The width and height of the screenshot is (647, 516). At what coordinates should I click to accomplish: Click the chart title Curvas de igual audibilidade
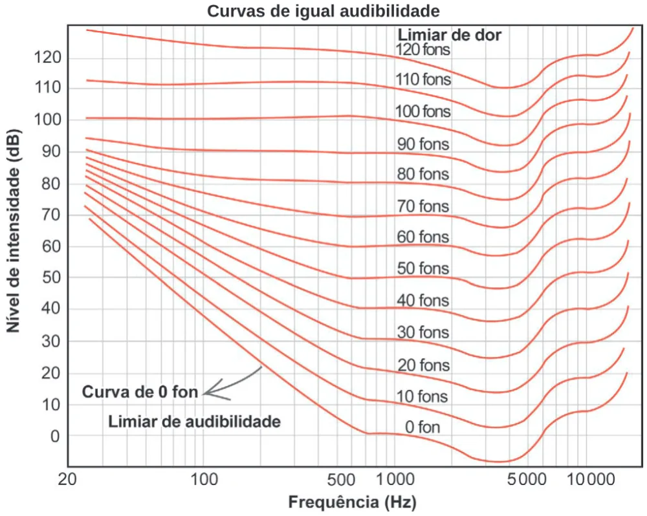[323, 11]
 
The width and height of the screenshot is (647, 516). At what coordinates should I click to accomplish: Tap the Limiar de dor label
[450, 35]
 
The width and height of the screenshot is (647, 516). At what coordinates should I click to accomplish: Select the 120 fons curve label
[423, 50]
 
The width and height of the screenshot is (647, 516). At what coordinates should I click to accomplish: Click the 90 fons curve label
[423, 144]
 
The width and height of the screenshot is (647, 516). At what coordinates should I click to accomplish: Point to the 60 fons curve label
[423, 237]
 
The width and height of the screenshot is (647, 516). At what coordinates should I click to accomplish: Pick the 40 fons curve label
[423, 300]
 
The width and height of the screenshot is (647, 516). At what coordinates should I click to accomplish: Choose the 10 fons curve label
[422, 396]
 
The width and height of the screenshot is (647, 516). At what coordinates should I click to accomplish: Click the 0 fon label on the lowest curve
[422, 427]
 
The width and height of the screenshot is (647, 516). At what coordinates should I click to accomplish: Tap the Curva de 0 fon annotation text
[140, 391]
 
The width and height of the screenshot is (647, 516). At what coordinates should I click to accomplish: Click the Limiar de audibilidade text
[194, 422]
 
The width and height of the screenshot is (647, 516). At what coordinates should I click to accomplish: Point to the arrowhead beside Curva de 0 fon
[205, 392]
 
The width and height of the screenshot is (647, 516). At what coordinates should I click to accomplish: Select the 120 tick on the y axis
[47, 58]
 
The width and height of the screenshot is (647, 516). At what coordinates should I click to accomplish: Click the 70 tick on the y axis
[51, 215]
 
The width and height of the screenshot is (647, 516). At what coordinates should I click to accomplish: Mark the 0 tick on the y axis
[55, 436]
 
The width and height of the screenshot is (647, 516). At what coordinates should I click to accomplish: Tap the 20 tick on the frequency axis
[68, 480]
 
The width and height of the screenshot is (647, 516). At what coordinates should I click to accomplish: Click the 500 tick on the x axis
[341, 480]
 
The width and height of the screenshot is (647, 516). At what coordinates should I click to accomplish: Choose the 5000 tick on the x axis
[527, 480]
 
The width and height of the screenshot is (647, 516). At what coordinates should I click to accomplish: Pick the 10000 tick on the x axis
[591, 480]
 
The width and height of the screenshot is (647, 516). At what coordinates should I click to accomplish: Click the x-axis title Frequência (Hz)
[352, 502]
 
